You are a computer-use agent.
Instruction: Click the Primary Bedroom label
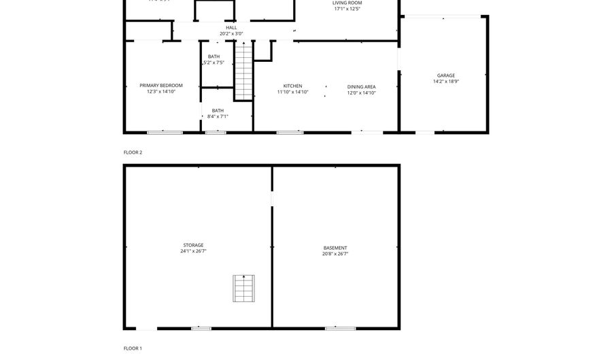(161, 86)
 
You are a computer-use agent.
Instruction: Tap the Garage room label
(446, 76)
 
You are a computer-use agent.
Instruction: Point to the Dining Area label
(361, 86)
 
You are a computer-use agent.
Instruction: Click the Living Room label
(347, 3)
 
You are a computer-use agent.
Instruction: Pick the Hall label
(231, 28)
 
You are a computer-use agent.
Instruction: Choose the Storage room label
(193, 245)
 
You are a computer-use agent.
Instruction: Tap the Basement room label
(335, 248)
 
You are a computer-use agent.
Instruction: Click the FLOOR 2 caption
(133, 152)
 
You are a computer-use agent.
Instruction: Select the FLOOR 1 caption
(133, 348)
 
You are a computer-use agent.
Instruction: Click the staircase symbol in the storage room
(243, 289)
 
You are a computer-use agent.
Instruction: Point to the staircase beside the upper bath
(243, 71)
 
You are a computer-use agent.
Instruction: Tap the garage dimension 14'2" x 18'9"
(446, 82)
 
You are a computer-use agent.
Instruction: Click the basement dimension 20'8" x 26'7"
(335, 254)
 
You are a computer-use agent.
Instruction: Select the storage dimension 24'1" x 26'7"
(193, 251)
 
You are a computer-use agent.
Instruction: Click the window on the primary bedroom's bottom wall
(165, 132)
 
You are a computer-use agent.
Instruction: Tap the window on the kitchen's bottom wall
(290, 132)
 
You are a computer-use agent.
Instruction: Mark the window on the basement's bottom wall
(340, 329)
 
